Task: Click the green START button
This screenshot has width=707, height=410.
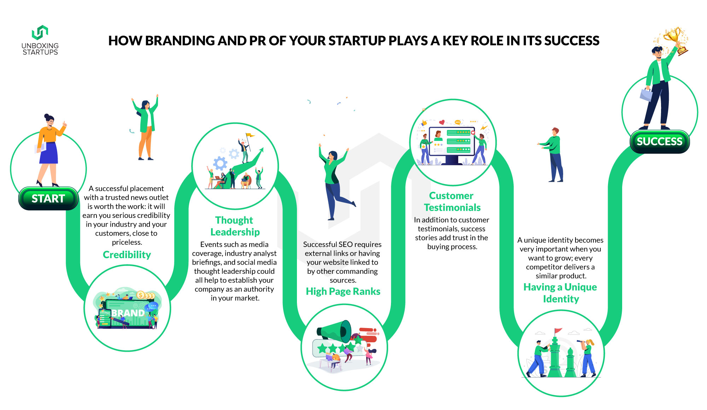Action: click(48, 198)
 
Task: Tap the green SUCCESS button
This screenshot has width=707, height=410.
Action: click(660, 142)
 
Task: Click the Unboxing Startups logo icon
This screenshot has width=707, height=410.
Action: click(40, 32)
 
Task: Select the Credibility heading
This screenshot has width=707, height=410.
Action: click(127, 255)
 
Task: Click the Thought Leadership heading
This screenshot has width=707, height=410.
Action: click(235, 226)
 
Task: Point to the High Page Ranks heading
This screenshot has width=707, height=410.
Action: click(343, 291)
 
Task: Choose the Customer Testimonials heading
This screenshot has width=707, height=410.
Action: click(452, 201)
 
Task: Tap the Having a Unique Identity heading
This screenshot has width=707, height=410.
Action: click(560, 293)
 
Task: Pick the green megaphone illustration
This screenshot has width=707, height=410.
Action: click(334, 332)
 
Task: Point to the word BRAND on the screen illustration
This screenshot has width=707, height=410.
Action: click(128, 313)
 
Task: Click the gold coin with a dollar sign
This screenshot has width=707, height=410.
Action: click(141, 295)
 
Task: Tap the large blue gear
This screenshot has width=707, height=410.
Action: click(220, 164)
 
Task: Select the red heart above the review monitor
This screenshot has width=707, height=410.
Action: click(442, 123)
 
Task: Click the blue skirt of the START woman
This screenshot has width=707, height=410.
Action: click(49, 153)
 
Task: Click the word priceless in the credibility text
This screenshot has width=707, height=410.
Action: click(127, 242)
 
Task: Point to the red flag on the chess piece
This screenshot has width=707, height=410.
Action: click(558, 331)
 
